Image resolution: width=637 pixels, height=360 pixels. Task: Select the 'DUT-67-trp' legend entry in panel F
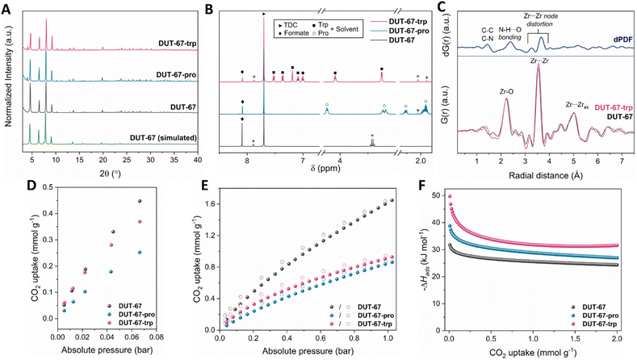coord(601,324)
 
